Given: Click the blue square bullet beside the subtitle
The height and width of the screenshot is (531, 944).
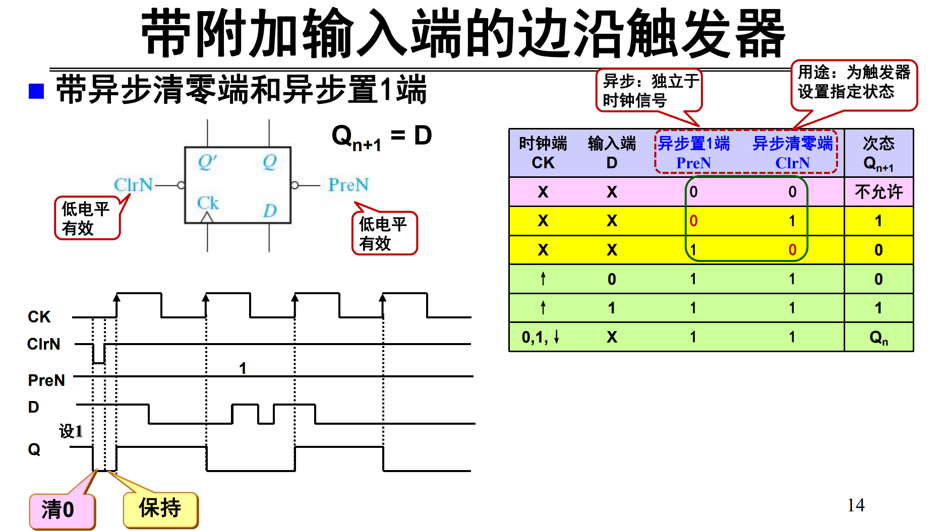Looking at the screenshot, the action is [x=36, y=91].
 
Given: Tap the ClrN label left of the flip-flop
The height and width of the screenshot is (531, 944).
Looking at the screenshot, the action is [x=133, y=185].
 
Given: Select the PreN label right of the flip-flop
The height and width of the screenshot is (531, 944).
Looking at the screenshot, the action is [x=348, y=185].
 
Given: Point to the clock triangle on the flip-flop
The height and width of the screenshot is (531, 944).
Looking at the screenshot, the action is [x=207, y=218].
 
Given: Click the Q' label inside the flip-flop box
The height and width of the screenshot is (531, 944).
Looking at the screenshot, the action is [x=207, y=162].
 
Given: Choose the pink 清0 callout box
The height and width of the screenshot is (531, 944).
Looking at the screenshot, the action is [x=62, y=510].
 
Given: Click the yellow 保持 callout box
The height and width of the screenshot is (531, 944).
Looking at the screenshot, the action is [x=160, y=509].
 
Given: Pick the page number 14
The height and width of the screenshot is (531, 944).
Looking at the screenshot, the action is [x=856, y=505].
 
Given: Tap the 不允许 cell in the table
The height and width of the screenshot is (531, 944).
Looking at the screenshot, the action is [x=878, y=192].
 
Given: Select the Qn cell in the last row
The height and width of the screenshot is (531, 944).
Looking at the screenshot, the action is [x=878, y=337].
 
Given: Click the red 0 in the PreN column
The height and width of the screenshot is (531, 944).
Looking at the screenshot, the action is [x=693, y=221].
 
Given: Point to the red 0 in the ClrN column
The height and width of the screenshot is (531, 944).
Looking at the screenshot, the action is [x=792, y=250].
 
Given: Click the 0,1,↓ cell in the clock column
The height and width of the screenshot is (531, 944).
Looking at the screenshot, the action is [x=541, y=337].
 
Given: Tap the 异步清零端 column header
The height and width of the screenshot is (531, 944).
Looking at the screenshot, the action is [x=792, y=144].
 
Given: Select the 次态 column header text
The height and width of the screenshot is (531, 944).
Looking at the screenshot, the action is [x=878, y=144].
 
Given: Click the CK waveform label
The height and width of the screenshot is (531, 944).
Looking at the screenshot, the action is [x=39, y=317].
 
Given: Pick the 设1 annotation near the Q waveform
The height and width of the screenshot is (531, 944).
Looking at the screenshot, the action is [x=71, y=431].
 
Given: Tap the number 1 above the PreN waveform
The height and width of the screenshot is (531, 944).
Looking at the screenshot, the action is [x=243, y=368].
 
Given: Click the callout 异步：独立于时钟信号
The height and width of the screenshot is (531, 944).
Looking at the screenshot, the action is [x=649, y=91].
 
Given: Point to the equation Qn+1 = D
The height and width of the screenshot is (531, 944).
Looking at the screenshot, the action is [x=382, y=137].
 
